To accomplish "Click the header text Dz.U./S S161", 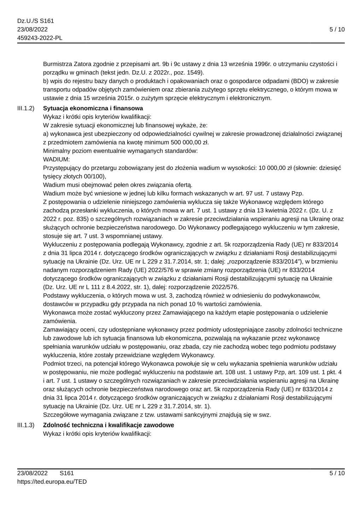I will [35, 21].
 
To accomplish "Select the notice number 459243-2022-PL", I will [40, 38].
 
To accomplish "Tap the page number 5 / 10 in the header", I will [337, 30].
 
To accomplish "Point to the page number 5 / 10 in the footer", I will [337, 473].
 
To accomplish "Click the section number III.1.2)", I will [26, 108].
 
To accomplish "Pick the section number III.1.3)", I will [26, 425].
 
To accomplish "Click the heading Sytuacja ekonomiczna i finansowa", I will [93, 108].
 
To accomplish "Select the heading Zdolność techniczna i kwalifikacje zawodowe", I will [109, 425].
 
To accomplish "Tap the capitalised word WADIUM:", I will [57, 160].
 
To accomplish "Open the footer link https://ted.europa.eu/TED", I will [52, 482].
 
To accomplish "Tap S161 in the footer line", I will [67, 473].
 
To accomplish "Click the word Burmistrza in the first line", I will [58, 64].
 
